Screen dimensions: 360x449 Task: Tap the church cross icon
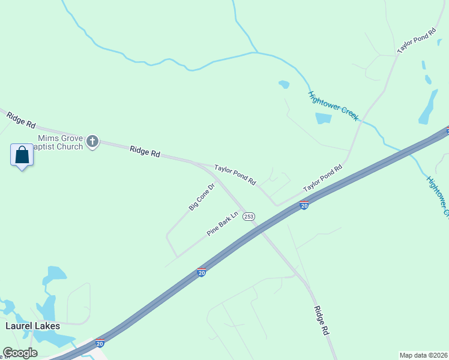point(92,141)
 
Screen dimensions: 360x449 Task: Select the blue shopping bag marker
point(22,155)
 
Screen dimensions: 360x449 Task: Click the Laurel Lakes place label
point(32,326)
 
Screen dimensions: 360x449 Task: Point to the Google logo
point(20,353)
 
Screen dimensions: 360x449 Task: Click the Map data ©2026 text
point(423,355)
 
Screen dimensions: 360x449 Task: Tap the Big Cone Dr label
point(202,197)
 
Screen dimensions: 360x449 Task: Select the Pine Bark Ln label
point(223,223)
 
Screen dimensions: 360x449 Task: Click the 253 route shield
point(249,216)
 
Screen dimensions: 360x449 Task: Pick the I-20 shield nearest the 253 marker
point(304,206)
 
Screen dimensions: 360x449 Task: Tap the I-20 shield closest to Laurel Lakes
point(100,343)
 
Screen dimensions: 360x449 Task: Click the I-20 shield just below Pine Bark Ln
point(202,272)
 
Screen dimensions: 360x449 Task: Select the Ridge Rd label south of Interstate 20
point(322,320)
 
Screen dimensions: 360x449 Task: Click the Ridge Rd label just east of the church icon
point(145,151)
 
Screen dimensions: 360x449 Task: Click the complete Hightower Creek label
point(333,106)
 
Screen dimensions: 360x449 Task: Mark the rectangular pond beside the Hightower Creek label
point(323,118)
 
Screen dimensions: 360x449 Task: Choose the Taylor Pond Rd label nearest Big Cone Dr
point(235,175)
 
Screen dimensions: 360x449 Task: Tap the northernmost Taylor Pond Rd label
point(417,41)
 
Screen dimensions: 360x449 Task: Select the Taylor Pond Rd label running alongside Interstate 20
point(322,178)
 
